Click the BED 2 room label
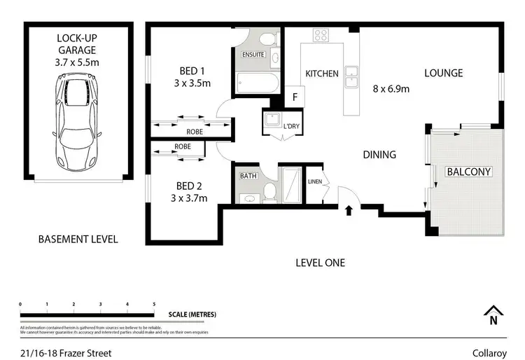tap(190, 192)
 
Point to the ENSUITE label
tap(252, 54)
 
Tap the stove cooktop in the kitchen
tap(321, 35)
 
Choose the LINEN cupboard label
tap(316, 182)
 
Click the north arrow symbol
tap(494, 315)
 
